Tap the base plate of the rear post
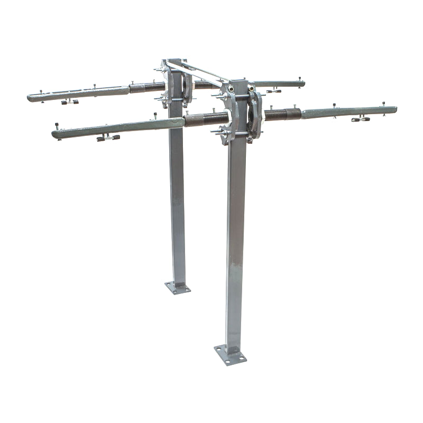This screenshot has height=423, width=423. pyautogui.click(x=178, y=288)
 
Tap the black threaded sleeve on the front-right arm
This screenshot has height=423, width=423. pyautogui.click(x=283, y=114)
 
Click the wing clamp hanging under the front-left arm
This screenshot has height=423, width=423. pyautogui.click(x=108, y=137)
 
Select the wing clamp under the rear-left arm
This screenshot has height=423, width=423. pyautogui.click(x=69, y=102)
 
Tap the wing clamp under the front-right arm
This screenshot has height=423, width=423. pyautogui.click(x=360, y=119)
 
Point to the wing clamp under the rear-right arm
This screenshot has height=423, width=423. pyautogui.click(x=273, y=91)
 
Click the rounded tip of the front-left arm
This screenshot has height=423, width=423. pyautogui.click(x=54, y=135)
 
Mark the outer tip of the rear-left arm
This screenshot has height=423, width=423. pyautogui.click(x=30, y=97)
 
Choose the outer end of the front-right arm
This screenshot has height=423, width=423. pyautogui.click(x=394, y=110)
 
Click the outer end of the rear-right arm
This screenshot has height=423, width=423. pyautogui.click(x=303, y=83)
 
